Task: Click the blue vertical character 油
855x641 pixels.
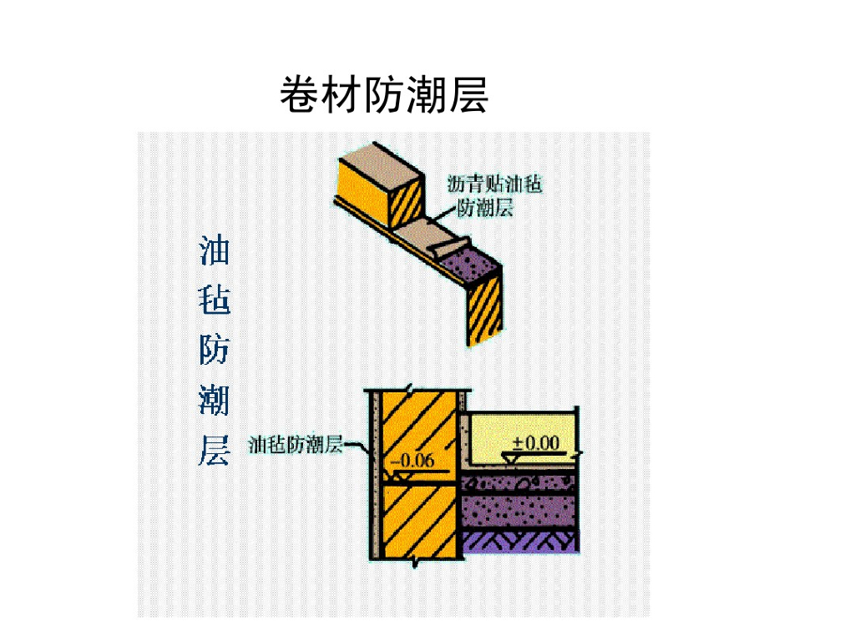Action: point(214,250)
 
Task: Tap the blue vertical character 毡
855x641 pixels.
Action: point(214,299)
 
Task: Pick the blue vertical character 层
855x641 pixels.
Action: point(214,451)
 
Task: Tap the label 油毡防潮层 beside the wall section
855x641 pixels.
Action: point(296,444)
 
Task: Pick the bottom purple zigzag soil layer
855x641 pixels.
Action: point(519,543)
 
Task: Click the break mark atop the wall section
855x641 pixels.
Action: point(409,390)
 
